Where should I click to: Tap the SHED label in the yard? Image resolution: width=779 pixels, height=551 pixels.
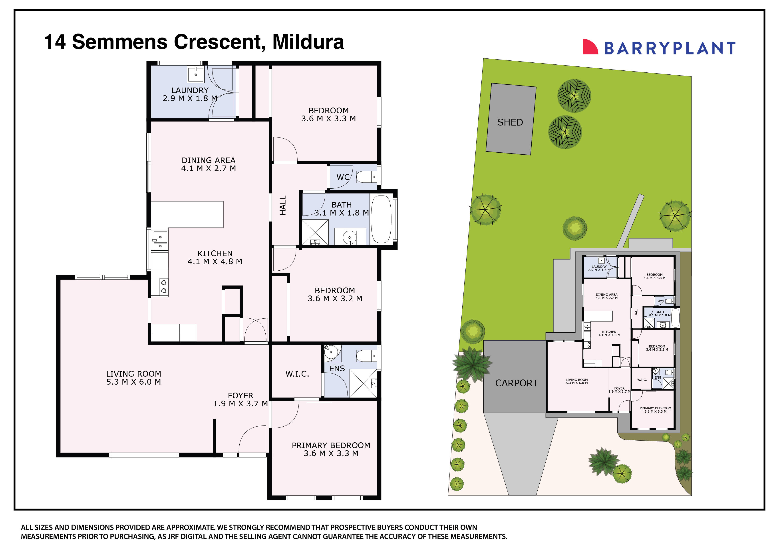[x=510, y=122]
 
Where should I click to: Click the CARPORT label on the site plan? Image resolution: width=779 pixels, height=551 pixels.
[x=516, y=383]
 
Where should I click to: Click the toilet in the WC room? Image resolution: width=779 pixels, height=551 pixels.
[x=366, y=177]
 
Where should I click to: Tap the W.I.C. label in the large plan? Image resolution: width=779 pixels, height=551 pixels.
[x=297, y=374]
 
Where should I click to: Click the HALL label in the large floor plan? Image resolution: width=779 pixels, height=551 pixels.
[x=283, y=205]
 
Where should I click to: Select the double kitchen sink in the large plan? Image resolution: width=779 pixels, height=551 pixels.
[x=160, y=241]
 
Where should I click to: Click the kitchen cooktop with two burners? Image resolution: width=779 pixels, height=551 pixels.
[x=163, y=287]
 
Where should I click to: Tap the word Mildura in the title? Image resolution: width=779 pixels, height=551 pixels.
[x=308, y=42]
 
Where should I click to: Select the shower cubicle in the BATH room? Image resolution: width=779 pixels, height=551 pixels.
[x=315, y=232]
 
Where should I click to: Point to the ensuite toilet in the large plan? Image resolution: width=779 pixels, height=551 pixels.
[x=366, y=356]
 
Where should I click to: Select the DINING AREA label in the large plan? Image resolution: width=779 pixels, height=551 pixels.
[x=208, y=160]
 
